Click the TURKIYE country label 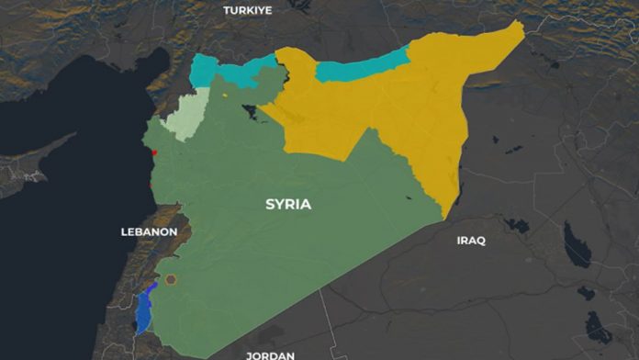click(x=248, y=10)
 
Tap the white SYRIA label click(x=288, y=204)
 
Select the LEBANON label click(x=149, y=232)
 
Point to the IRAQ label click(x=471, y=241)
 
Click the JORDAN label click(x=270, y=354)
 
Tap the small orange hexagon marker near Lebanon click(x=170, y=279)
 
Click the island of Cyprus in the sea click(x=37, y=165)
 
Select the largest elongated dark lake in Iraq click(x=577, y=245)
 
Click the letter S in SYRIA click(x=271, y=204)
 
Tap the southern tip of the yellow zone click(x=444, y=216)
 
